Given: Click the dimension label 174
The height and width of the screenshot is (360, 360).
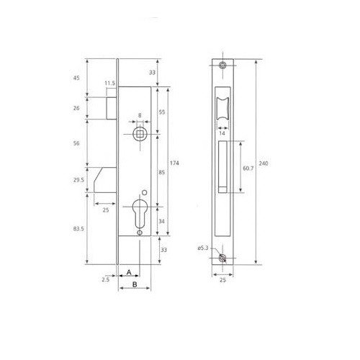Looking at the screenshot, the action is click(x=174, y=163).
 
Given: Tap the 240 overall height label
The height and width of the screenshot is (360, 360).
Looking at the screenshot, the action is click(x=264, y=163).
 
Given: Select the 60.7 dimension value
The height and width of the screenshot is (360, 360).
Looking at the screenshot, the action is click(x=248, y=168).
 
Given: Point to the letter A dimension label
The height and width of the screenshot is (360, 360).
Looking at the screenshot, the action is click(x=129, y=272).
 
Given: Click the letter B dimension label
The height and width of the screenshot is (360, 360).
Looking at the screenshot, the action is click(x=135, y=284).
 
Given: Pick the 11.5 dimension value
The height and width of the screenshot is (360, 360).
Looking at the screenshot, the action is click(x=110, y=84).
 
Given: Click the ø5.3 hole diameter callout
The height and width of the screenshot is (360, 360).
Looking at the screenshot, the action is click(x=203, y=248).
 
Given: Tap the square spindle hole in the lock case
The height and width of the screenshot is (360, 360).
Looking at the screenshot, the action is click(x=140, y=134).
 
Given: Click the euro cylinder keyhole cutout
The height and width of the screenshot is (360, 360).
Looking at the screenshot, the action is click(x=140, y=214).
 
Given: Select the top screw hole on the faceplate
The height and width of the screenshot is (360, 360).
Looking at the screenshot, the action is click(x=223, y=65).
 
